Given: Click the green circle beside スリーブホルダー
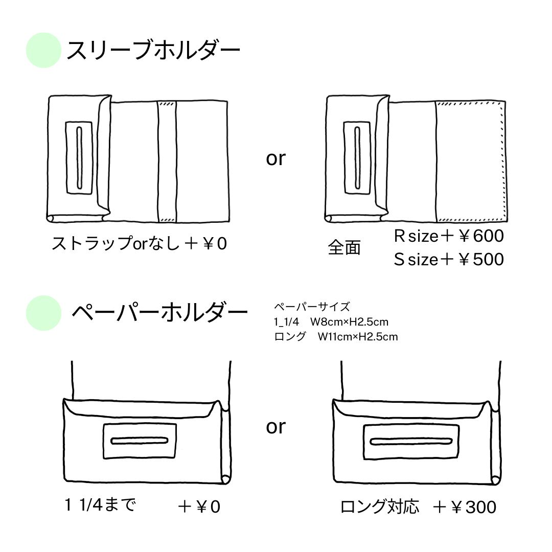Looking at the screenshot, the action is [43, 51].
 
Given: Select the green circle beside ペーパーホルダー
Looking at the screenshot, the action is [43, 313].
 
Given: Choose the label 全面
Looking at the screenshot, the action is [344, 248].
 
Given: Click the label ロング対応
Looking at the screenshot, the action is [380, 507].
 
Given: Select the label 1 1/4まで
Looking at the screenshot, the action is [101, 505].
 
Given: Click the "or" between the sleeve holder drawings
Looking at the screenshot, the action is [275, 158].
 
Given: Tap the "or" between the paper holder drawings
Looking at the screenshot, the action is [275, 426].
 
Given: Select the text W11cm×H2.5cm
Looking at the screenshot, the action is [357, 336].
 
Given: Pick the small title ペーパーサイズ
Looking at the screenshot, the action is [312, 307].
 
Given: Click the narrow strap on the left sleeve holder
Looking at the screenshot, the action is [167, 161].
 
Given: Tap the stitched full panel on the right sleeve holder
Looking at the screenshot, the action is [469, 161].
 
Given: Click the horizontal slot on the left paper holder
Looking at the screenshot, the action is [140, 440].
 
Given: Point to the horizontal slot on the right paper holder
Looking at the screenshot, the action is [411, 441].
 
